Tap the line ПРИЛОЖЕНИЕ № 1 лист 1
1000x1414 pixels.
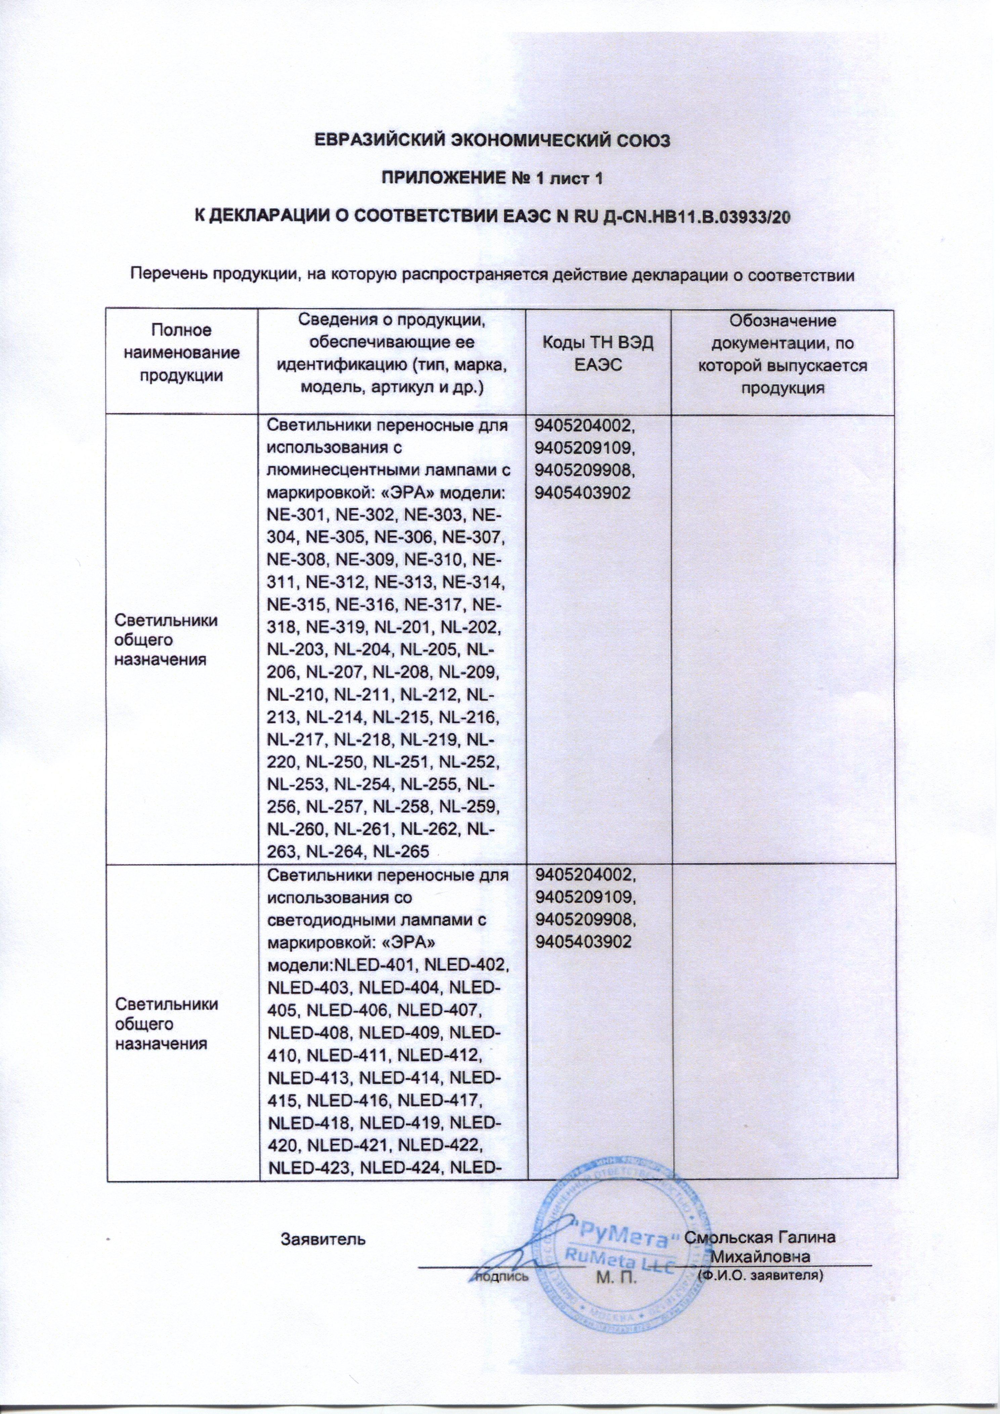point(492,179)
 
